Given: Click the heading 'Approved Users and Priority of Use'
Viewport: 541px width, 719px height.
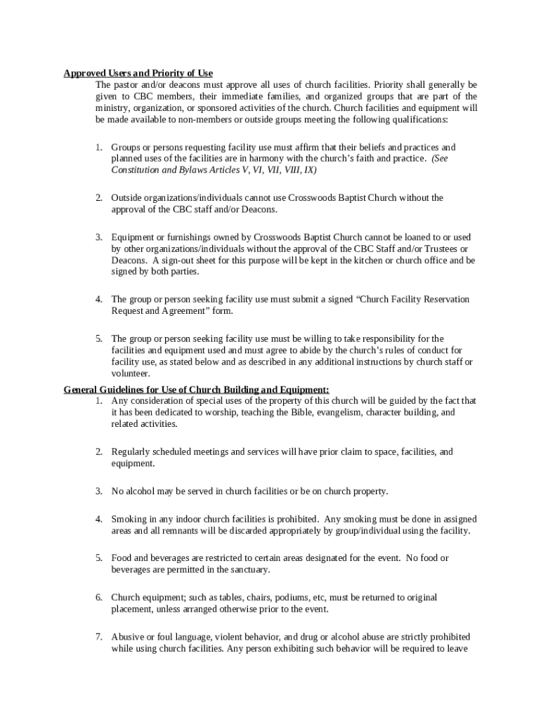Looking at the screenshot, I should click(138, 73).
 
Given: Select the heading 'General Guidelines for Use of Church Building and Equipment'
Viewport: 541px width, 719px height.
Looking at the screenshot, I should click(196, 389).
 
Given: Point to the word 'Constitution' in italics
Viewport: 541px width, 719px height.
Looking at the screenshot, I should click(136, 171).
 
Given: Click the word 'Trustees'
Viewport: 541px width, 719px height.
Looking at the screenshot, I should click(438, 249).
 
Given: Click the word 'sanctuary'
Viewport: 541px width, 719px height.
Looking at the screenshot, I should click(247, 569).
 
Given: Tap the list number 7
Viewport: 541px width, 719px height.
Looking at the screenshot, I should click(99, 637).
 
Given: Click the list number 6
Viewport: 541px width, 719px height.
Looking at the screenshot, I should click(99, 598).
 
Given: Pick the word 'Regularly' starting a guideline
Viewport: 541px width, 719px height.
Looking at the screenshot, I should click(131, 451).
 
